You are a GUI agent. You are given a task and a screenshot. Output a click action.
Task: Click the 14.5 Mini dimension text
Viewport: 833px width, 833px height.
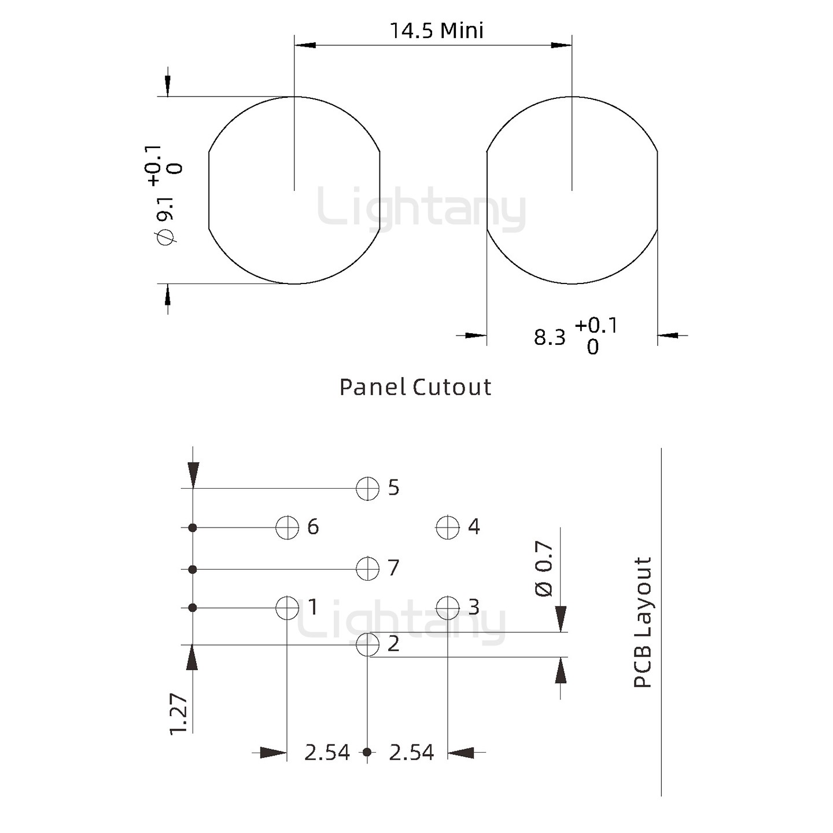[437, 31]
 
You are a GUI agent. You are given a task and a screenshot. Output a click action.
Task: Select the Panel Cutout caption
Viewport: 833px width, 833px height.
[415, 387]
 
